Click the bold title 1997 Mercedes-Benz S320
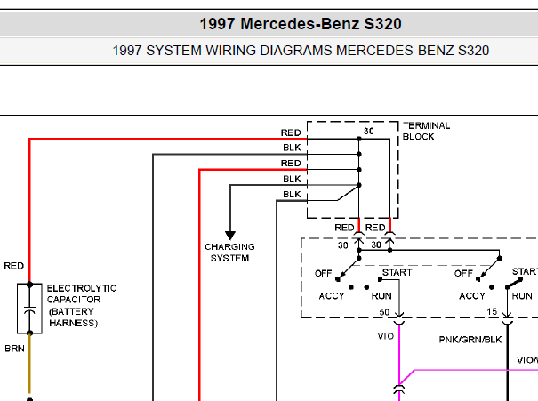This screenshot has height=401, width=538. pos(301,24)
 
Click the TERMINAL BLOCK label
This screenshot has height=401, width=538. pos(426,131)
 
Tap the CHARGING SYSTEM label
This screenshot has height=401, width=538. pos(229,253)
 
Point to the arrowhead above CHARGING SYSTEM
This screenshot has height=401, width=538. pos(230,236)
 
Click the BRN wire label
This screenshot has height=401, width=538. pos(14,349)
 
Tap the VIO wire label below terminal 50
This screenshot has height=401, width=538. pos(386,336)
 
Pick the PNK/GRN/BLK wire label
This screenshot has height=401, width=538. pos(470,340)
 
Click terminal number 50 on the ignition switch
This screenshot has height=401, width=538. pos(384,312)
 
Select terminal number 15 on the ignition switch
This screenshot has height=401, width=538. pos(492,311)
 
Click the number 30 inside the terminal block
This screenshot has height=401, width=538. pos(369,131)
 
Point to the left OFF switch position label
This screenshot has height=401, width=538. pos(323,273)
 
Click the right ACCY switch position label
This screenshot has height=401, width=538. pos(472,296)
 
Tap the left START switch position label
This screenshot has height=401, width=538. pos(397,272)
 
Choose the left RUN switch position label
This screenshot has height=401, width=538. pos(381,296)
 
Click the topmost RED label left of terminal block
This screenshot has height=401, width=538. pos(291,132)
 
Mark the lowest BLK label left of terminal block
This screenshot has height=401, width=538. pos(292,194)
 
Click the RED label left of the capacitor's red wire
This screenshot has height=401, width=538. pos(13,266)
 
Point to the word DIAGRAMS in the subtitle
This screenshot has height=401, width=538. pos(296,51)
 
